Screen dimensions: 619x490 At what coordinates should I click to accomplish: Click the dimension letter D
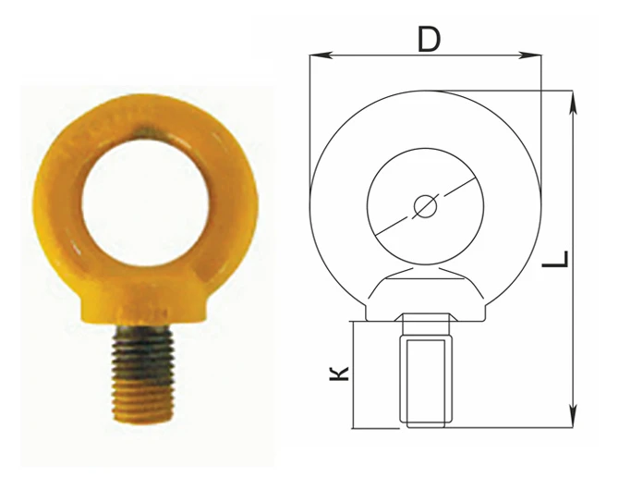click(429, 41)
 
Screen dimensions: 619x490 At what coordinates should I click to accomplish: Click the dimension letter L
click(555, 259)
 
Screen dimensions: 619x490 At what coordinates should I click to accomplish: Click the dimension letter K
click(339, 374)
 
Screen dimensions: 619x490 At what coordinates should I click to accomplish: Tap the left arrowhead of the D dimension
click(320, 55)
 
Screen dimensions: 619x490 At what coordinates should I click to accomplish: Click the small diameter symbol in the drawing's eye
click(425, 206)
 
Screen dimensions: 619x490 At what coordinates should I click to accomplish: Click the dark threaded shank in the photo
click(143, 354)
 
